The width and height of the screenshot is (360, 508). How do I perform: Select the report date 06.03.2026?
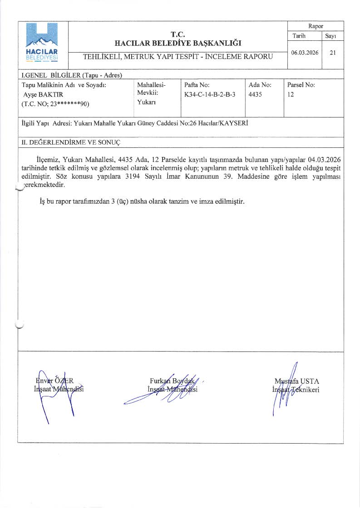point(305,53)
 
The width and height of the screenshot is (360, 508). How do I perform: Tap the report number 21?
point(333,53)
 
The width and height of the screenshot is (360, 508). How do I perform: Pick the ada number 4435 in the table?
point(256,94)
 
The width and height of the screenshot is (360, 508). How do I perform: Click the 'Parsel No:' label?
point(301,85)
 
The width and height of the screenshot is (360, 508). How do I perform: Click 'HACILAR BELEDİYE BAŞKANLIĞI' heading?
point(178,43)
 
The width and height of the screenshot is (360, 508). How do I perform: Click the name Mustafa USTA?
point(297,381)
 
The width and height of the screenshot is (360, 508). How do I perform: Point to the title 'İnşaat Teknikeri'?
point(296,389)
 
